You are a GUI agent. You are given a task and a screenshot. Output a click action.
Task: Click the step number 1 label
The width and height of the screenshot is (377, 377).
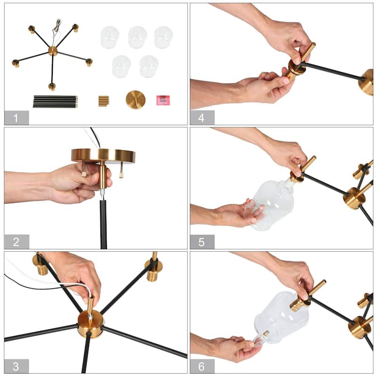click(x=16, y=118)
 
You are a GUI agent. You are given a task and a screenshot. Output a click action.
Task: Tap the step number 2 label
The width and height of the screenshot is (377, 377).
click(x=16, y=242)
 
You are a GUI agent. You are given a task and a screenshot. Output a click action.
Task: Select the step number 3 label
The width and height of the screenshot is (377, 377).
click(x=16, y=367)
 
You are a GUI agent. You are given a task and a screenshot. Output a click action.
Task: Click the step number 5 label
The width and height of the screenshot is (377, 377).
click(x=202, y=242)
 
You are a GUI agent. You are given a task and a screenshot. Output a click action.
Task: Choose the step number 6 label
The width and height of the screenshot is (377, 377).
click(x=202, y=367)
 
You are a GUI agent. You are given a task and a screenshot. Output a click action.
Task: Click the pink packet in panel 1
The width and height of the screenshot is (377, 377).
click(x=163, y=100)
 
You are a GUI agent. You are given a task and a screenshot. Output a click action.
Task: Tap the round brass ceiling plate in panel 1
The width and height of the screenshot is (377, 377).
click(x=136, y=99)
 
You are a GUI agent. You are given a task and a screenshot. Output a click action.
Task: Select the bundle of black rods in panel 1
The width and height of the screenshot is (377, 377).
click(x=55, y=101)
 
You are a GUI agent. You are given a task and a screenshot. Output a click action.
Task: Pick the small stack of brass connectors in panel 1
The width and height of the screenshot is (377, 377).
click(x=104, y=101)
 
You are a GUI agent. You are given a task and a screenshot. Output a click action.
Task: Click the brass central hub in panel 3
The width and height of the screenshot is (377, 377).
click(x=90, y=324)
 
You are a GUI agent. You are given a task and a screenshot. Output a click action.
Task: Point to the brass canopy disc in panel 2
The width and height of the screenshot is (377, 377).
click(x=103, y=156)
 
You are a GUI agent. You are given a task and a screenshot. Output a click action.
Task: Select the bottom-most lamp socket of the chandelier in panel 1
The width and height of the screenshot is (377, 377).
click(x=52, y=87)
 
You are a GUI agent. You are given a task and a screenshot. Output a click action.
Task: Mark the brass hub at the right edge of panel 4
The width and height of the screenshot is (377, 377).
click(x=366, y=82)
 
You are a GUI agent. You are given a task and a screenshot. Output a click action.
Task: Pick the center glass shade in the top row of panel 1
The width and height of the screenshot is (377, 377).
click(x=137, y=37)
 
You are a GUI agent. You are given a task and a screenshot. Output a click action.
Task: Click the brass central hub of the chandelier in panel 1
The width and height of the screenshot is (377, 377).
click(x=53, y=51)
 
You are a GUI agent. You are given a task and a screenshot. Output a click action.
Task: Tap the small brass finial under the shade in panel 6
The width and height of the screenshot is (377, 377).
click(x=266, y=334)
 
